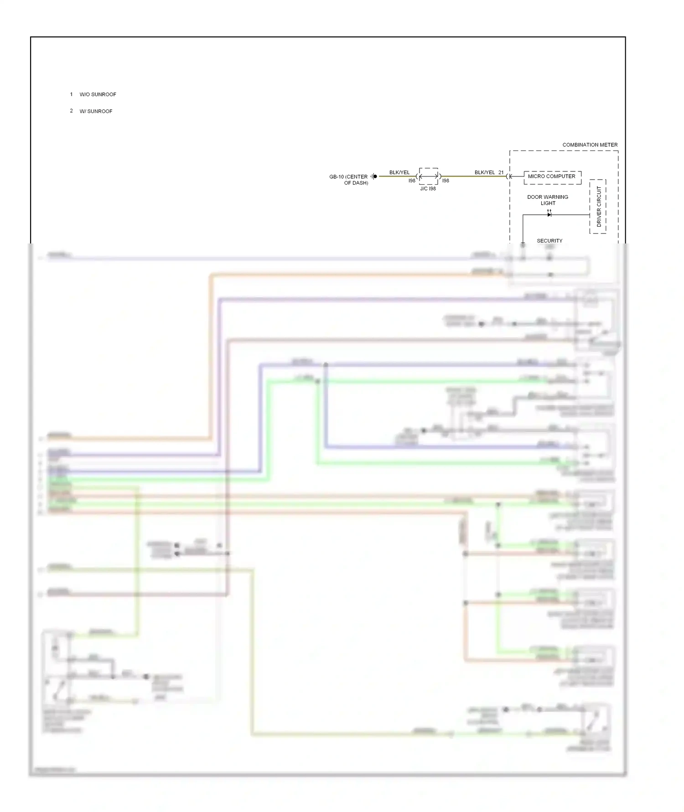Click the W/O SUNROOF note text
(x=98, y=94)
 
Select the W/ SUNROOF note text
(x=96, y=111)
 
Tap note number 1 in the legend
(x=71, y=94)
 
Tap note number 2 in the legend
(x=71, y=111)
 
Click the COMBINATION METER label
(x=590, y=145)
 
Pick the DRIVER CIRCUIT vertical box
(x=598, y=207)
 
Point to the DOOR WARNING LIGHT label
(x=547, y=200)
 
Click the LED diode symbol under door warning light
(x=549, y=214)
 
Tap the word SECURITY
(x=549, y=241)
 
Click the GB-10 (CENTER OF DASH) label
(x=349, y=180)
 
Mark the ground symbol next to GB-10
(x=374, y=176)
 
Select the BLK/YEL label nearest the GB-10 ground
(x=399, y=172)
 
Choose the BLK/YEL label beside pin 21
(x=484, y=172)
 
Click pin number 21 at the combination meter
(x=501, y=172)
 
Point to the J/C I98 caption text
(x=428, y=189)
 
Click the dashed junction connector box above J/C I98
(x=429, y=176)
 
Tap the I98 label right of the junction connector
(x=446, y=181)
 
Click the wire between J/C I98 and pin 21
(x=474, y=176)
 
